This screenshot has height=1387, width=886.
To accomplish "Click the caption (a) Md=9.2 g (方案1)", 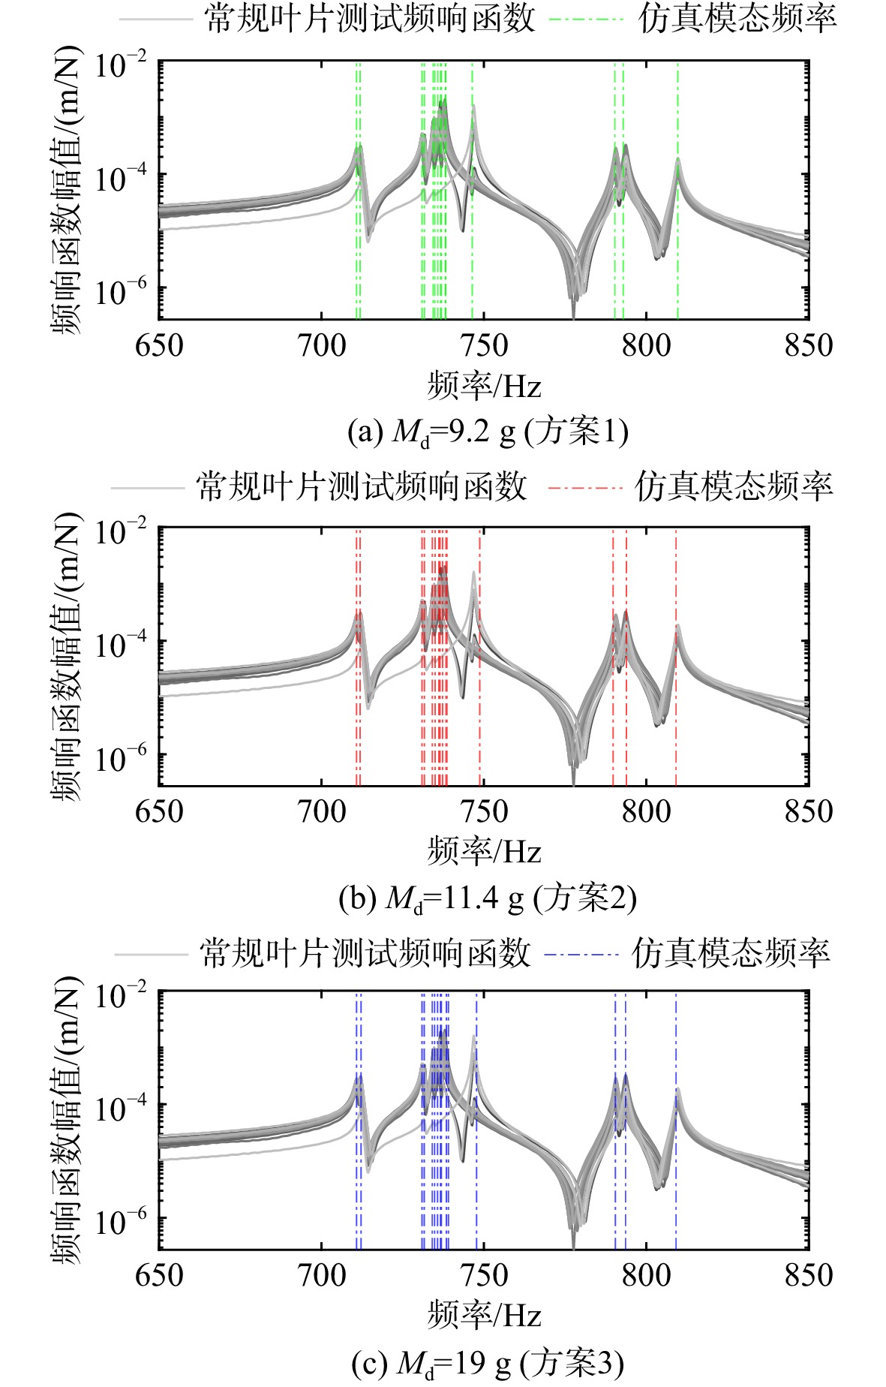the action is [488, 432].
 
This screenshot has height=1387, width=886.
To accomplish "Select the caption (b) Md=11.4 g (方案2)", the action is [488, 898].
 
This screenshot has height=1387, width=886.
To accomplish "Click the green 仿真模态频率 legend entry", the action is [692, 19].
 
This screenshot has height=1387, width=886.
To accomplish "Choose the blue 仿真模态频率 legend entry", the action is [687, 953].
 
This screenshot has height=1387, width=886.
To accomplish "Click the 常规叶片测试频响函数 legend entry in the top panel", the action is [328, 19].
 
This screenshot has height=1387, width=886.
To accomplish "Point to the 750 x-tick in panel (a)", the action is [484, 346].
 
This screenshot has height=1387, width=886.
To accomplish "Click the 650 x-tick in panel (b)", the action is [159, 811].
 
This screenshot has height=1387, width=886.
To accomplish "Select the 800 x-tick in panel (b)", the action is [647, 811].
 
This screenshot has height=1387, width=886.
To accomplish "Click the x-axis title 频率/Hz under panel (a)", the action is [485, 387].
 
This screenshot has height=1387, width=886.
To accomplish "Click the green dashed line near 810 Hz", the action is [677, 191].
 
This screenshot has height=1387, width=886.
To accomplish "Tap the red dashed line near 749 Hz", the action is [480, 657].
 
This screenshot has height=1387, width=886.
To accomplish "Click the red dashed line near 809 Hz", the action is [676, 657].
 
